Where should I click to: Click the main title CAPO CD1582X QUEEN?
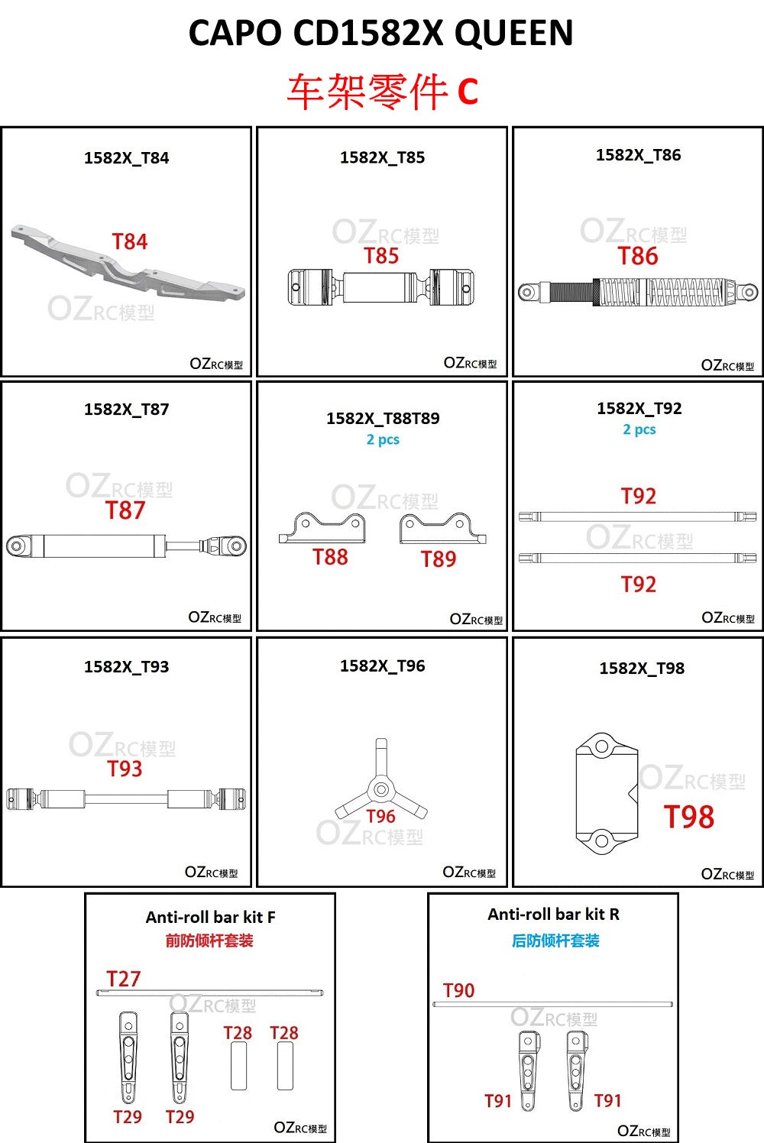click(x=380, y=33)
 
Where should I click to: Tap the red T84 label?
click(x=130, y=241)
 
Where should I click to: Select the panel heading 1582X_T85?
click(x=382, y=157)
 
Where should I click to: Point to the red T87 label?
click(x=125, y=510)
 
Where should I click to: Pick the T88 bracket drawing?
click(x=322, y=528)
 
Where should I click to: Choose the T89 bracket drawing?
click(x=443, y=528)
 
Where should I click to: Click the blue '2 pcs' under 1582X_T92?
click(x=639, y=429)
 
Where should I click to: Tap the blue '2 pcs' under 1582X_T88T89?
click(x=383, y=440)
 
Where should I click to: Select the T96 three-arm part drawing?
click(x=381, y=779)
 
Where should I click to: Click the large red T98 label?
click(x=688, y=817)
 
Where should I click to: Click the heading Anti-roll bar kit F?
click(x=210, y=917)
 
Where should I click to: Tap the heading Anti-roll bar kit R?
click(x=554, y=914)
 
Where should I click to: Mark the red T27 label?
click(x=123, y=979)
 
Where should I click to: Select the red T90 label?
click(x=458, y=990)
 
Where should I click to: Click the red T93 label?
click(x=125, y=769)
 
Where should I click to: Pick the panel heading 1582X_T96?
click(x=382, y=666)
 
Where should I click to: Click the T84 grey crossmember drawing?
click(x=128, y=263)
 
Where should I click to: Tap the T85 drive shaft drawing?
click(x=380, y=287)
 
